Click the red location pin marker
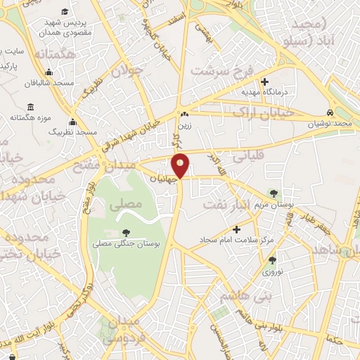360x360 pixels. [x=181, y=165]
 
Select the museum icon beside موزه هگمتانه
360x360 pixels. [x=31, y=106]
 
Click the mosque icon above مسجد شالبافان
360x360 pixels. [x=48, y=72]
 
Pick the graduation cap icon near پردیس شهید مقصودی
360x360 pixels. [x=65, y=12]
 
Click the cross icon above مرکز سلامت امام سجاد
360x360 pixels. [x=236, y=229]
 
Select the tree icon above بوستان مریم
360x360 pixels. [x=274, y=193]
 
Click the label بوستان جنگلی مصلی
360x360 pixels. [x=127, y=243]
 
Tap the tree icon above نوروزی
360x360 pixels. [x=272, y=260]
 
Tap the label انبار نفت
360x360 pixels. [x=225, y=203]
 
